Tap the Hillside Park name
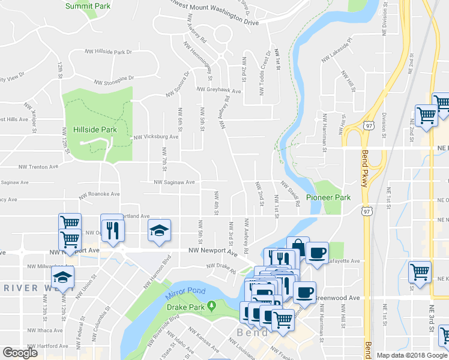coord(95,130)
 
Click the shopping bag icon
coord(298,247)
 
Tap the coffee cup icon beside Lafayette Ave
coord(317,252)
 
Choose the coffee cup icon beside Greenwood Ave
coord(304,292)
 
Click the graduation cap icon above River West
coord(62,278)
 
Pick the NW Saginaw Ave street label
coord(174,182)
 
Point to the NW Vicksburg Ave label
coord(156,137)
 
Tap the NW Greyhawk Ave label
coord(220,91)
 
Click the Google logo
coord(20,353)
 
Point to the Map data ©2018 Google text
coord(412,355)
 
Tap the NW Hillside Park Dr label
coord(109,52)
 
